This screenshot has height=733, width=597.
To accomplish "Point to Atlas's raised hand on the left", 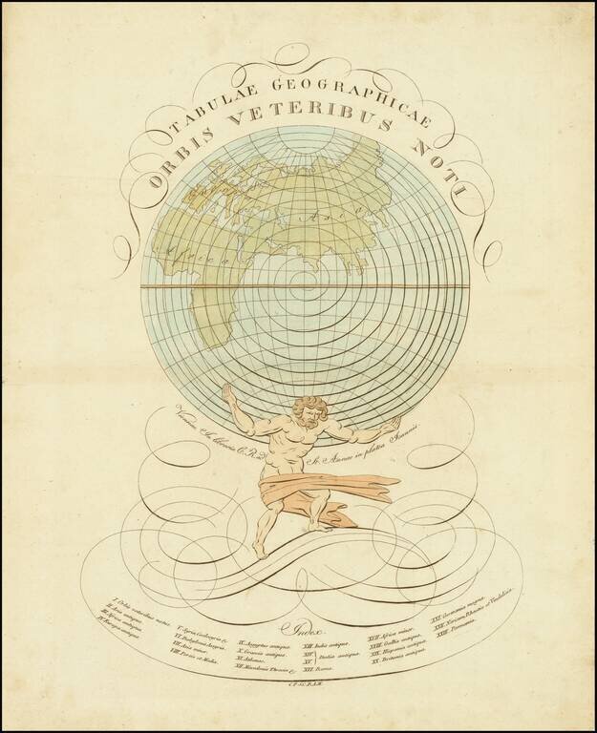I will [x=227, y=394].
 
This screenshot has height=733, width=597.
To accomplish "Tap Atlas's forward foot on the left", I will [x=260, y=551].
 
